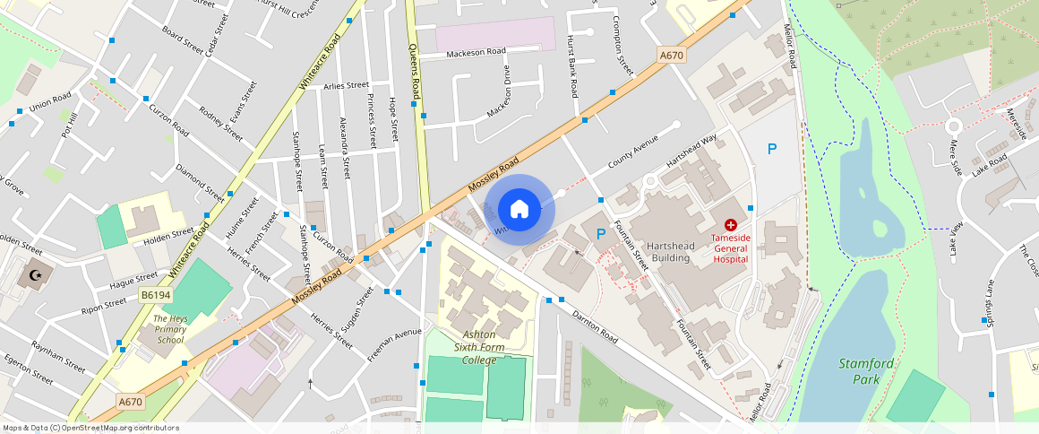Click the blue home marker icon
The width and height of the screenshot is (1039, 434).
(519, 210)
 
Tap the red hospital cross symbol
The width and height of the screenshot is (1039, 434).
(731, 223)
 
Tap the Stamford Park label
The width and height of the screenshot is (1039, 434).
(866, 371)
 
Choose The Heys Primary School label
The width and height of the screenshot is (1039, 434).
(168, 329)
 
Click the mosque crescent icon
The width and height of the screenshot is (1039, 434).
(36, 275)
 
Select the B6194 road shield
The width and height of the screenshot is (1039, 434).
(155, 294)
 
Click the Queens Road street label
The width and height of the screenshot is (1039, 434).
(415, 71)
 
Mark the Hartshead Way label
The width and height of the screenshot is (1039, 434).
(691, 152)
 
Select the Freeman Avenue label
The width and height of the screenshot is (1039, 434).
(393, 344)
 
